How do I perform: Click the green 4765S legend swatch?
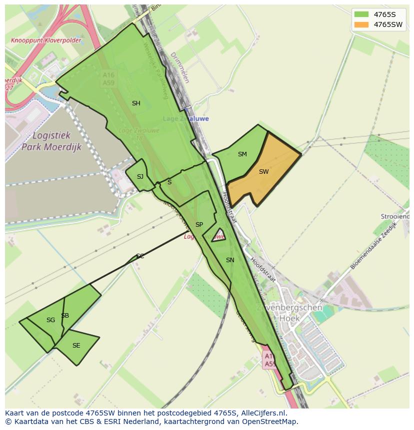pos(361,14)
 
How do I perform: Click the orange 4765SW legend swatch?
pos(361,24)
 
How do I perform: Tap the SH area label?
pos(136,103)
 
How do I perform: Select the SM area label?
pos(242,154)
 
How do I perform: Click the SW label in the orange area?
pos(264,172)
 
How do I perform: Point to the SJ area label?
pos(140,177)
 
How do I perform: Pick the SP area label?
pos(199,225)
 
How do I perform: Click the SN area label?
pos(230,260)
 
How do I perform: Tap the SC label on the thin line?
pos(140,256)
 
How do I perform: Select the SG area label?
pos(50,320)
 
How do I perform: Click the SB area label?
pos(65,316)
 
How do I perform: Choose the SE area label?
pos(76,346)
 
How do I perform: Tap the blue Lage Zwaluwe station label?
pos(186,119)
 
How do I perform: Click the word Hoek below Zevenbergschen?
pos(290,318)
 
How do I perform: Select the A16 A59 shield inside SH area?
pos(108,78)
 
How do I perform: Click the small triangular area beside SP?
pos(218,235)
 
